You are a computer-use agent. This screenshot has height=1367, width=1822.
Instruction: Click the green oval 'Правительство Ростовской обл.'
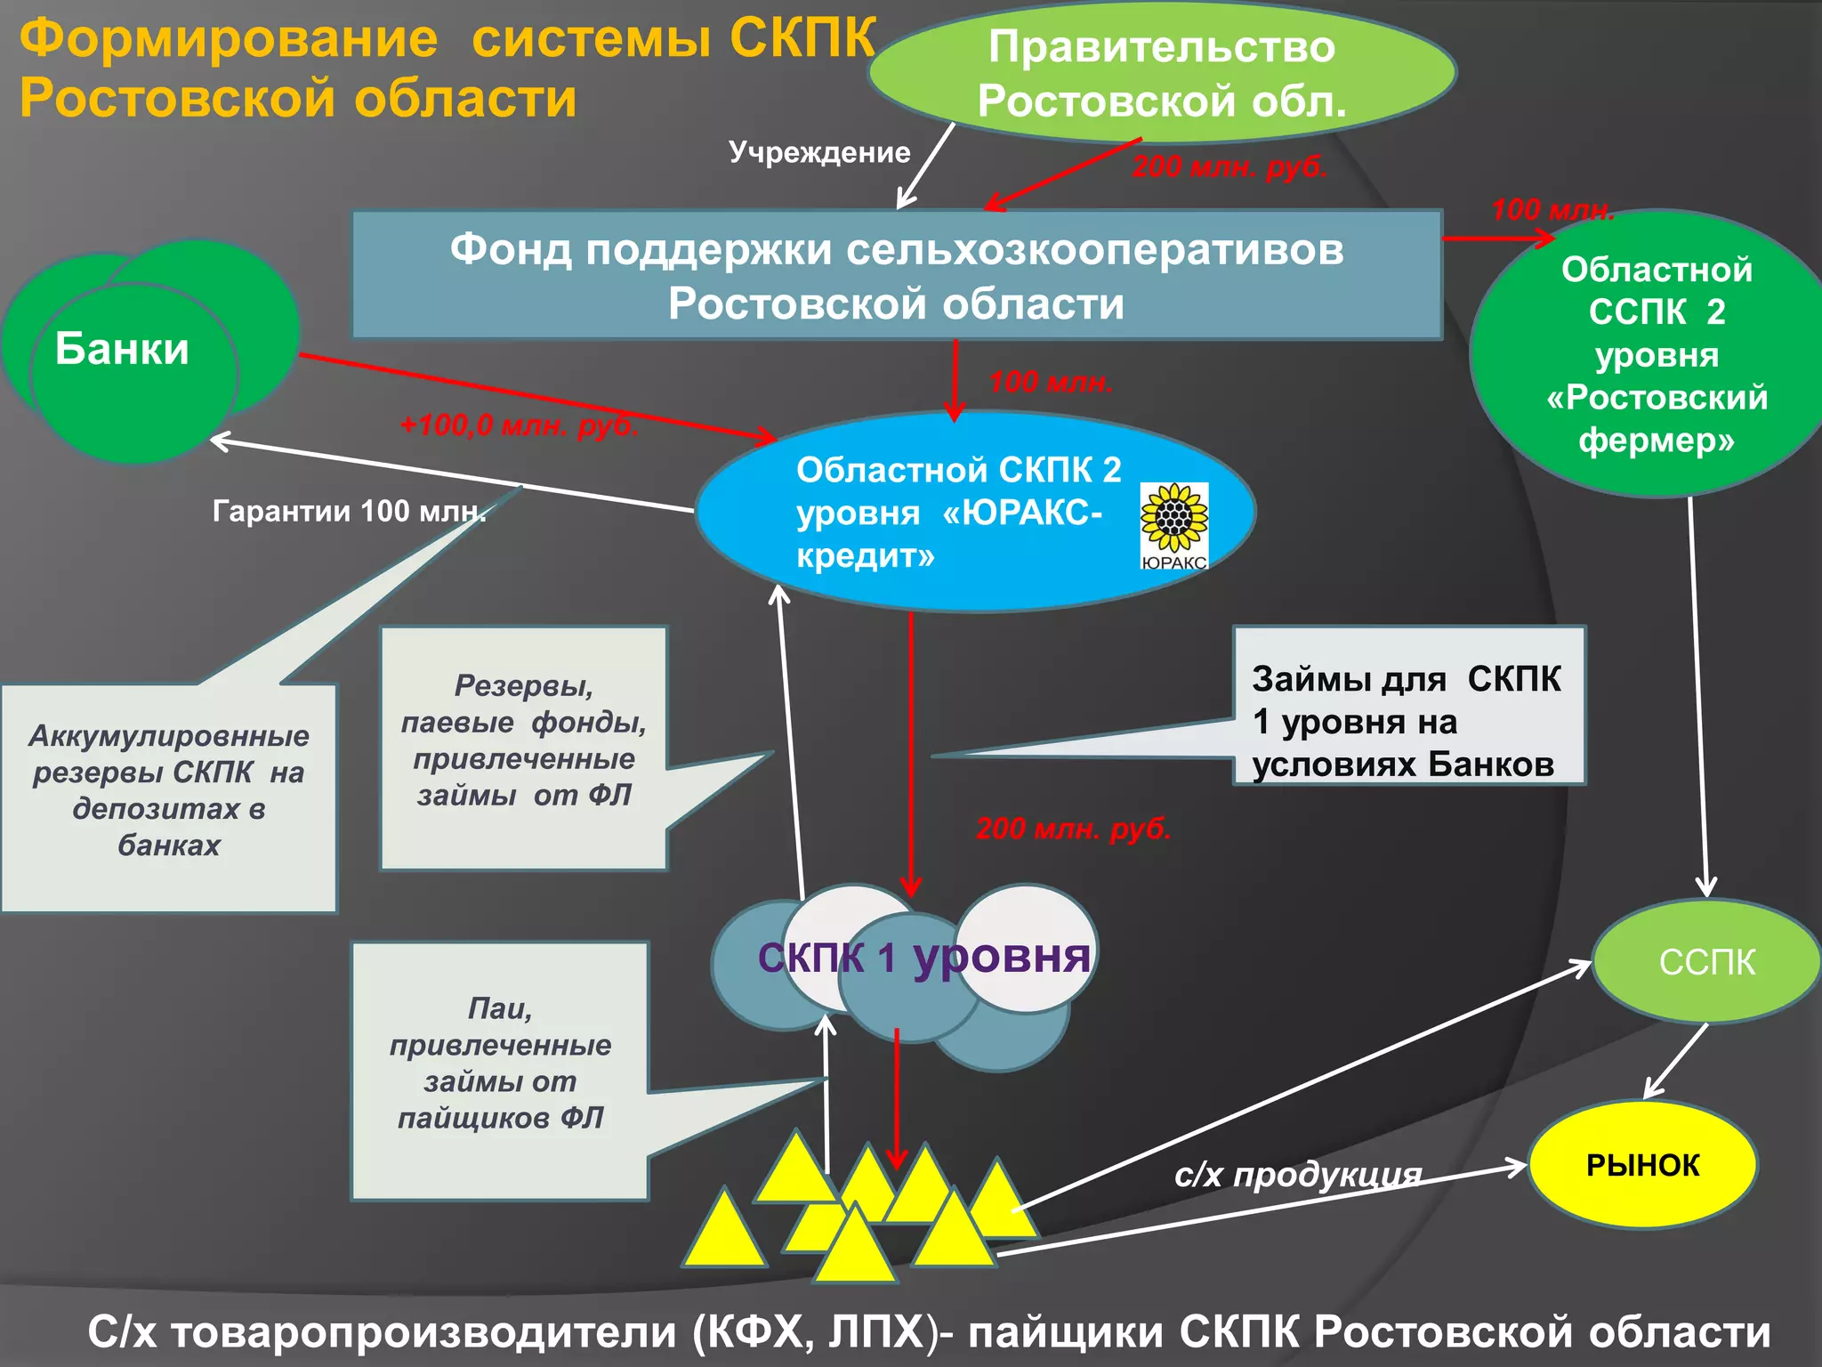[x=1161, y=73]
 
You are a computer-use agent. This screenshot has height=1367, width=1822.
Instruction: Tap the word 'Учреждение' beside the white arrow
[x=819, y=152]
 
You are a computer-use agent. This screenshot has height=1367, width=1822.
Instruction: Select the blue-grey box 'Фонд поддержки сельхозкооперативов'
[x=896, y=275]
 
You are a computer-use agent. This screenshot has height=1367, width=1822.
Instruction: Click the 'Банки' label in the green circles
[x=122, y=349]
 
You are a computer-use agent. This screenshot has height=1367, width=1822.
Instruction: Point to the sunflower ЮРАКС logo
[x=1173, y=525]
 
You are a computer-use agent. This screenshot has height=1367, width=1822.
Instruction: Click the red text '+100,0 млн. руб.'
[x=519, y=425]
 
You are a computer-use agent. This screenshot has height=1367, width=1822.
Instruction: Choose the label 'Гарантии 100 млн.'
[x=349, y=511]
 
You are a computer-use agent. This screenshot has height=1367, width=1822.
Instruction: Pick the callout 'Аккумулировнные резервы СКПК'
[x=168, y=790]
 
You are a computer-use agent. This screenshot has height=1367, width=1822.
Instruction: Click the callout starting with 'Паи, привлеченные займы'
[x=500, y=1064]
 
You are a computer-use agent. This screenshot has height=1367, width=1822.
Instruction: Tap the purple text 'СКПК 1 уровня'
[x=923, y=958]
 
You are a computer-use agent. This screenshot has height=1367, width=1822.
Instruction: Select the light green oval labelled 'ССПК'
[x=1706, y=962]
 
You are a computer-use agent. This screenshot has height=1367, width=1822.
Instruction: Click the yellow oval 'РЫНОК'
[x=1642, y=1165]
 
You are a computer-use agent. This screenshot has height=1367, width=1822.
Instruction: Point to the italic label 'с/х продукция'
[x=1297, y=1175]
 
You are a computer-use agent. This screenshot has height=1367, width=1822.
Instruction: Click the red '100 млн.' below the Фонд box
[x=1051, y=383]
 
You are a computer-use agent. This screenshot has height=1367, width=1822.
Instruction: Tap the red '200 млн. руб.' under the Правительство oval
[x=1229, y=166]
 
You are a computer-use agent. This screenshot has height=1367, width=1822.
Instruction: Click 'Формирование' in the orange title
[x=229, y=39]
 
